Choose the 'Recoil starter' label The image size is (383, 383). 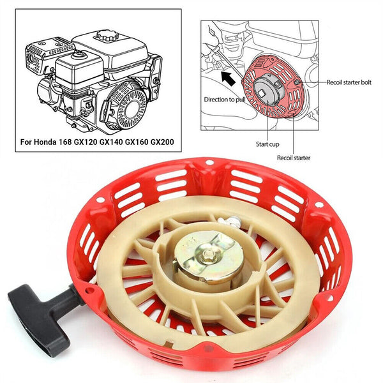tap(294, 157)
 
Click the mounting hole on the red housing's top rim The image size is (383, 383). tap(209, 163)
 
